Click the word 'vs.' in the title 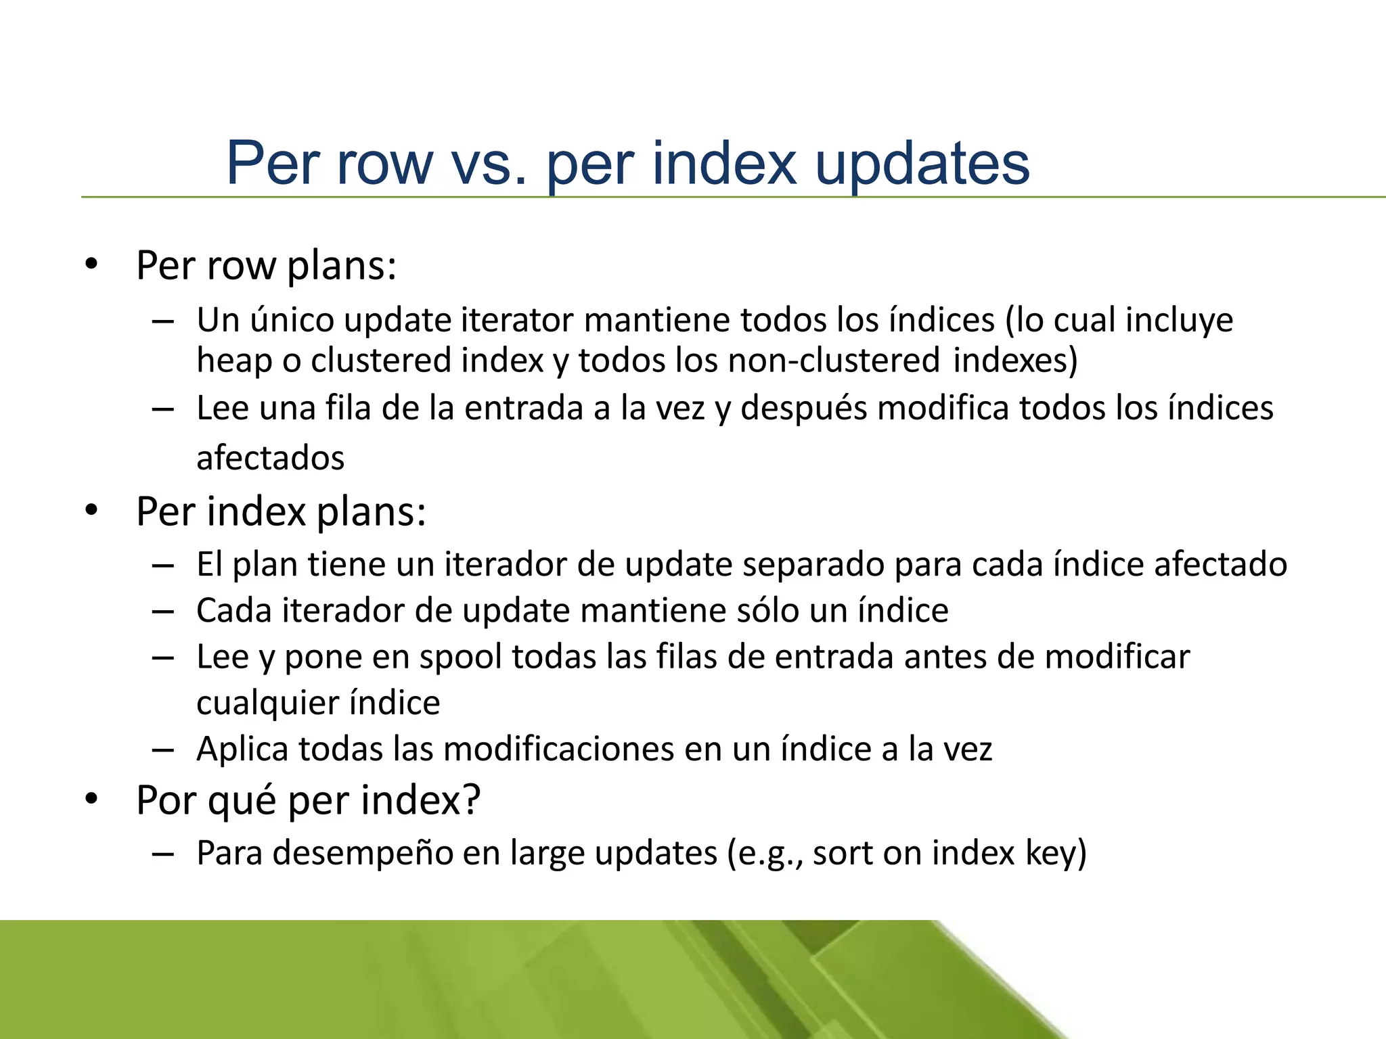click(x=489, y=164)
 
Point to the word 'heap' click(x=234, y=360)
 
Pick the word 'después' click(x=803, y=409)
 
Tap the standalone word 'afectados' click(x=271, y=458)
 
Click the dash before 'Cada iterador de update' click(x=163, y=611)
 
